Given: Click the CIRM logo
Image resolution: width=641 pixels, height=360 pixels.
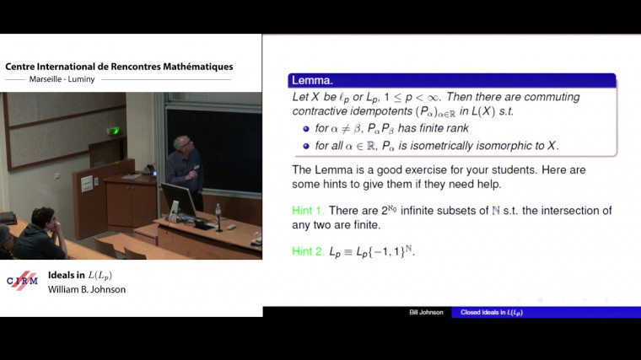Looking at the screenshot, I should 22,281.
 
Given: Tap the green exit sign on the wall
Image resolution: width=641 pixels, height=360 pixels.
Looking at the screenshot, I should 113,130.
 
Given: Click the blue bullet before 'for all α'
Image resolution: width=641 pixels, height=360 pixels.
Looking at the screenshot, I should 306,146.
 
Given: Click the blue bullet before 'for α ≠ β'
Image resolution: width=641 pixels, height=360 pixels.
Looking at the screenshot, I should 306,129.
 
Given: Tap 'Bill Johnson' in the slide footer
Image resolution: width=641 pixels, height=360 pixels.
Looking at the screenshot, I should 427,313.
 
